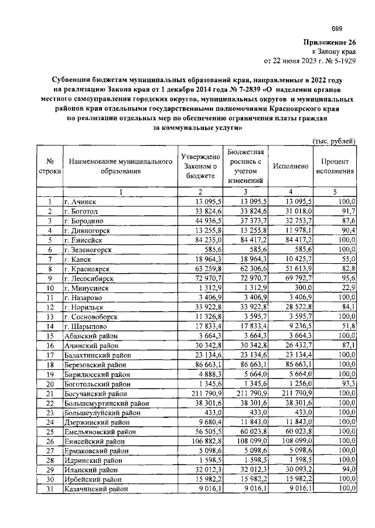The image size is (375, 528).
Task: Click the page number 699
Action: click(x=337, y=29)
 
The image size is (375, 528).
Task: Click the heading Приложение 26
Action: click(x=329, y=42)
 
